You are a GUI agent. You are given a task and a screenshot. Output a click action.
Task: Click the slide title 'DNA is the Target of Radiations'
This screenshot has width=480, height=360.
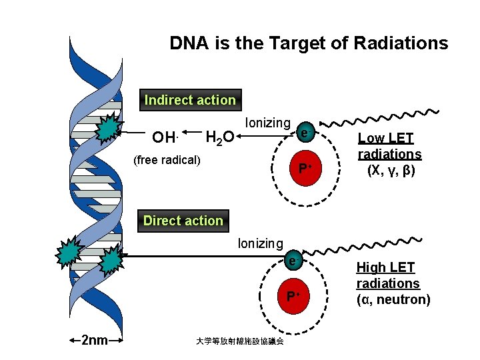pyautogui.click(x=309, y=44)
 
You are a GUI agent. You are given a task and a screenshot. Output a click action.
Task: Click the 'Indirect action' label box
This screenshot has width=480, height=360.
pyautogui.click(x=190, y=100)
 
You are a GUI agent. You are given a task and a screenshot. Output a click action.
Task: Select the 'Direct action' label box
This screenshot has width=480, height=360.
pyautogui.click(x=183, y=221)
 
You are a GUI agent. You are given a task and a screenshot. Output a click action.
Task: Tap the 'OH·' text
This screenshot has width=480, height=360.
pyautogui.click(x=164, y=138)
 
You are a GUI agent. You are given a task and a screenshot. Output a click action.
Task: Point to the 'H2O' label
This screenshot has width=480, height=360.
pyautogui.click(x=219, y=138)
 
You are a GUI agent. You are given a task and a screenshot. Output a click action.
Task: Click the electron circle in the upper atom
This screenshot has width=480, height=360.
pyautogui.click(x=304, y=133)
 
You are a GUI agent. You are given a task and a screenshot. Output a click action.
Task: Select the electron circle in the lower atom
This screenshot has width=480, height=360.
pyautogui.click(x=293, y=258)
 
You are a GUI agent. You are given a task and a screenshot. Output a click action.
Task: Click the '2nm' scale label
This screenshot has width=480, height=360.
pyautogui.click(x=94, y=341)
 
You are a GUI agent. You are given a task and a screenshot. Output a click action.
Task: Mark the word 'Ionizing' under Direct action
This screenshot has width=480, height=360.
pyautogui.click(x=261, y=243)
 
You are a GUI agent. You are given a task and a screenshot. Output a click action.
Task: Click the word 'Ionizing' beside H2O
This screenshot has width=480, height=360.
pyautogui.click(x=268, y=123)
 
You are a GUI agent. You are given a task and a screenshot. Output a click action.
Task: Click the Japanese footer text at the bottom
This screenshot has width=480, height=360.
pyautogui.click(x=239, y=341)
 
